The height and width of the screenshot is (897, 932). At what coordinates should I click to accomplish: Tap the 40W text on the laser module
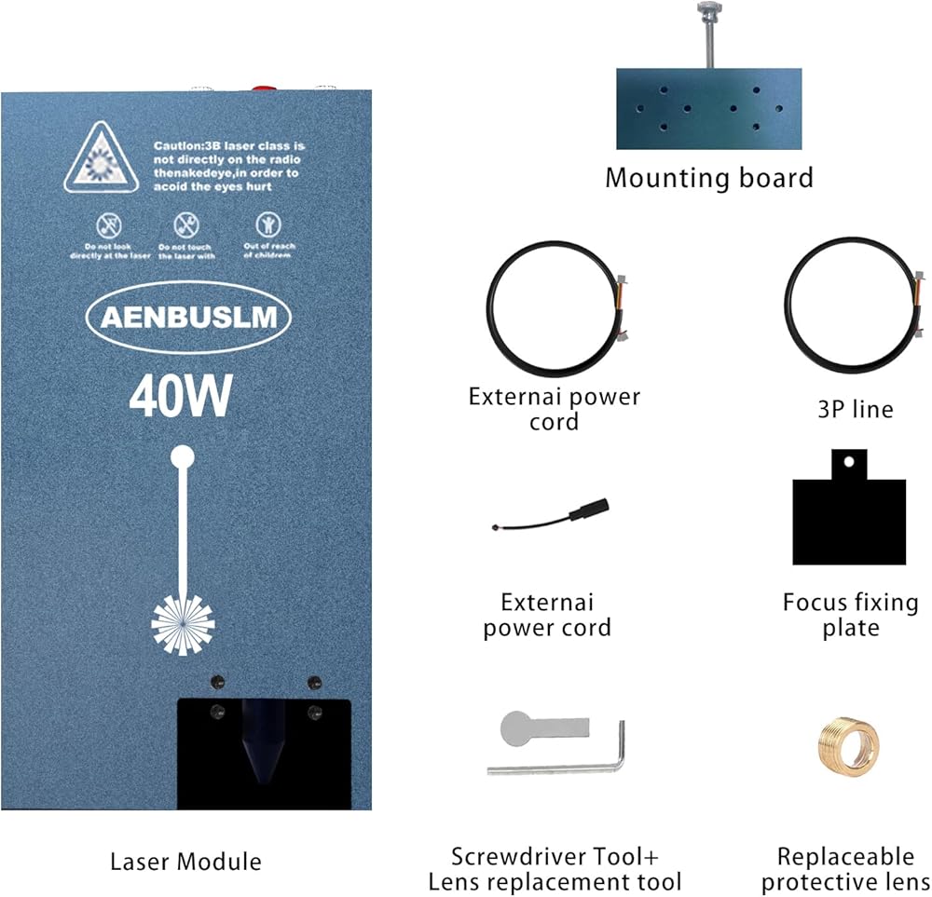[x=180, y=398]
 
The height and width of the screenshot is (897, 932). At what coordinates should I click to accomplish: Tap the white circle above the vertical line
[x=183, y=456]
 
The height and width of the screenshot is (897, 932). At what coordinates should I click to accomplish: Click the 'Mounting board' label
[x=708, y=177]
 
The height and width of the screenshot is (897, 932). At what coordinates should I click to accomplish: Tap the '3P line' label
[x=854, y=409]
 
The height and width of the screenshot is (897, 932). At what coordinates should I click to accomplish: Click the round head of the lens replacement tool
[x=515, y=727]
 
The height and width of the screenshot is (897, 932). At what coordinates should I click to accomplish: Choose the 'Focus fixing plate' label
[x=850, y=614]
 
